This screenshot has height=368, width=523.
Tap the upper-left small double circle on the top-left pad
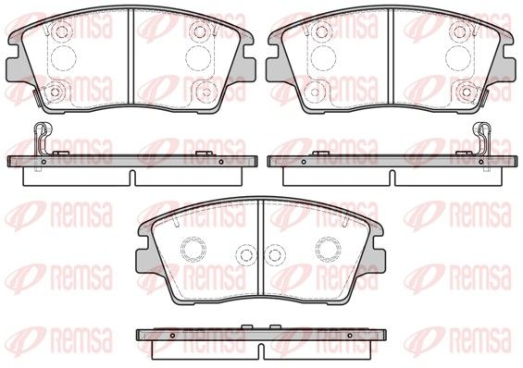click(x=61, y=31)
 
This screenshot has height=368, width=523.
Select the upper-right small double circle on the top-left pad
click(x=200, y=31)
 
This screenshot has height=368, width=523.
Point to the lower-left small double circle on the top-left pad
click(x=55, y=92)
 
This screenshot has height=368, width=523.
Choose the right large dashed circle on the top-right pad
click(x=458, y=58)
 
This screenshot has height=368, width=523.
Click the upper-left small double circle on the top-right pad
click(x=321, y=31)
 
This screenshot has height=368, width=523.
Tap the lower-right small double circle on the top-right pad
click(x=467, y=92)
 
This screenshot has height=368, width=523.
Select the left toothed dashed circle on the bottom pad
click(x=193, y=250)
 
